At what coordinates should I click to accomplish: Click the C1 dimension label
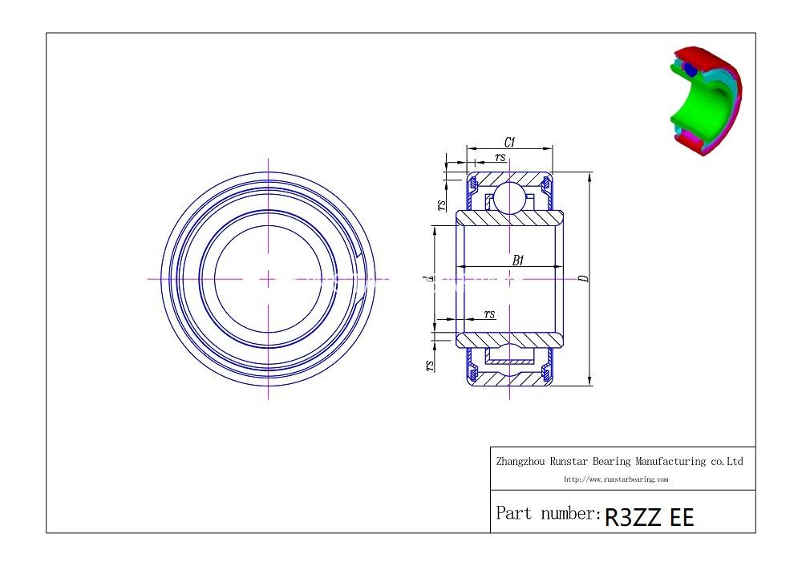click(510, 143)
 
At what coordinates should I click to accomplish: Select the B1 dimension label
click(518, 260)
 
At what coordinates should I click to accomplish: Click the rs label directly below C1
click(500, 158)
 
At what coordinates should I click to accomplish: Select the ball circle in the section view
click(509, 197)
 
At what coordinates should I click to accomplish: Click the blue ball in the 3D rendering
click(690, 70)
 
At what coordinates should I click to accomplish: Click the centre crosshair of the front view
click(268, 279)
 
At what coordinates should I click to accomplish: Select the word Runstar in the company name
click(572, 462)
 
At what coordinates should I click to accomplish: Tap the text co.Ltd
click(727, 462)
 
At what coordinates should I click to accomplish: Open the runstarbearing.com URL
click(616, 479)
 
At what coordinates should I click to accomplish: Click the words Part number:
click(548, 513)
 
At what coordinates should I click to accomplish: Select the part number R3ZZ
click(634, 516)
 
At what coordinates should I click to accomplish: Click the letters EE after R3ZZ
click(682, 516)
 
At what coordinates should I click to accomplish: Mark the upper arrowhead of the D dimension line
click(590, 176)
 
